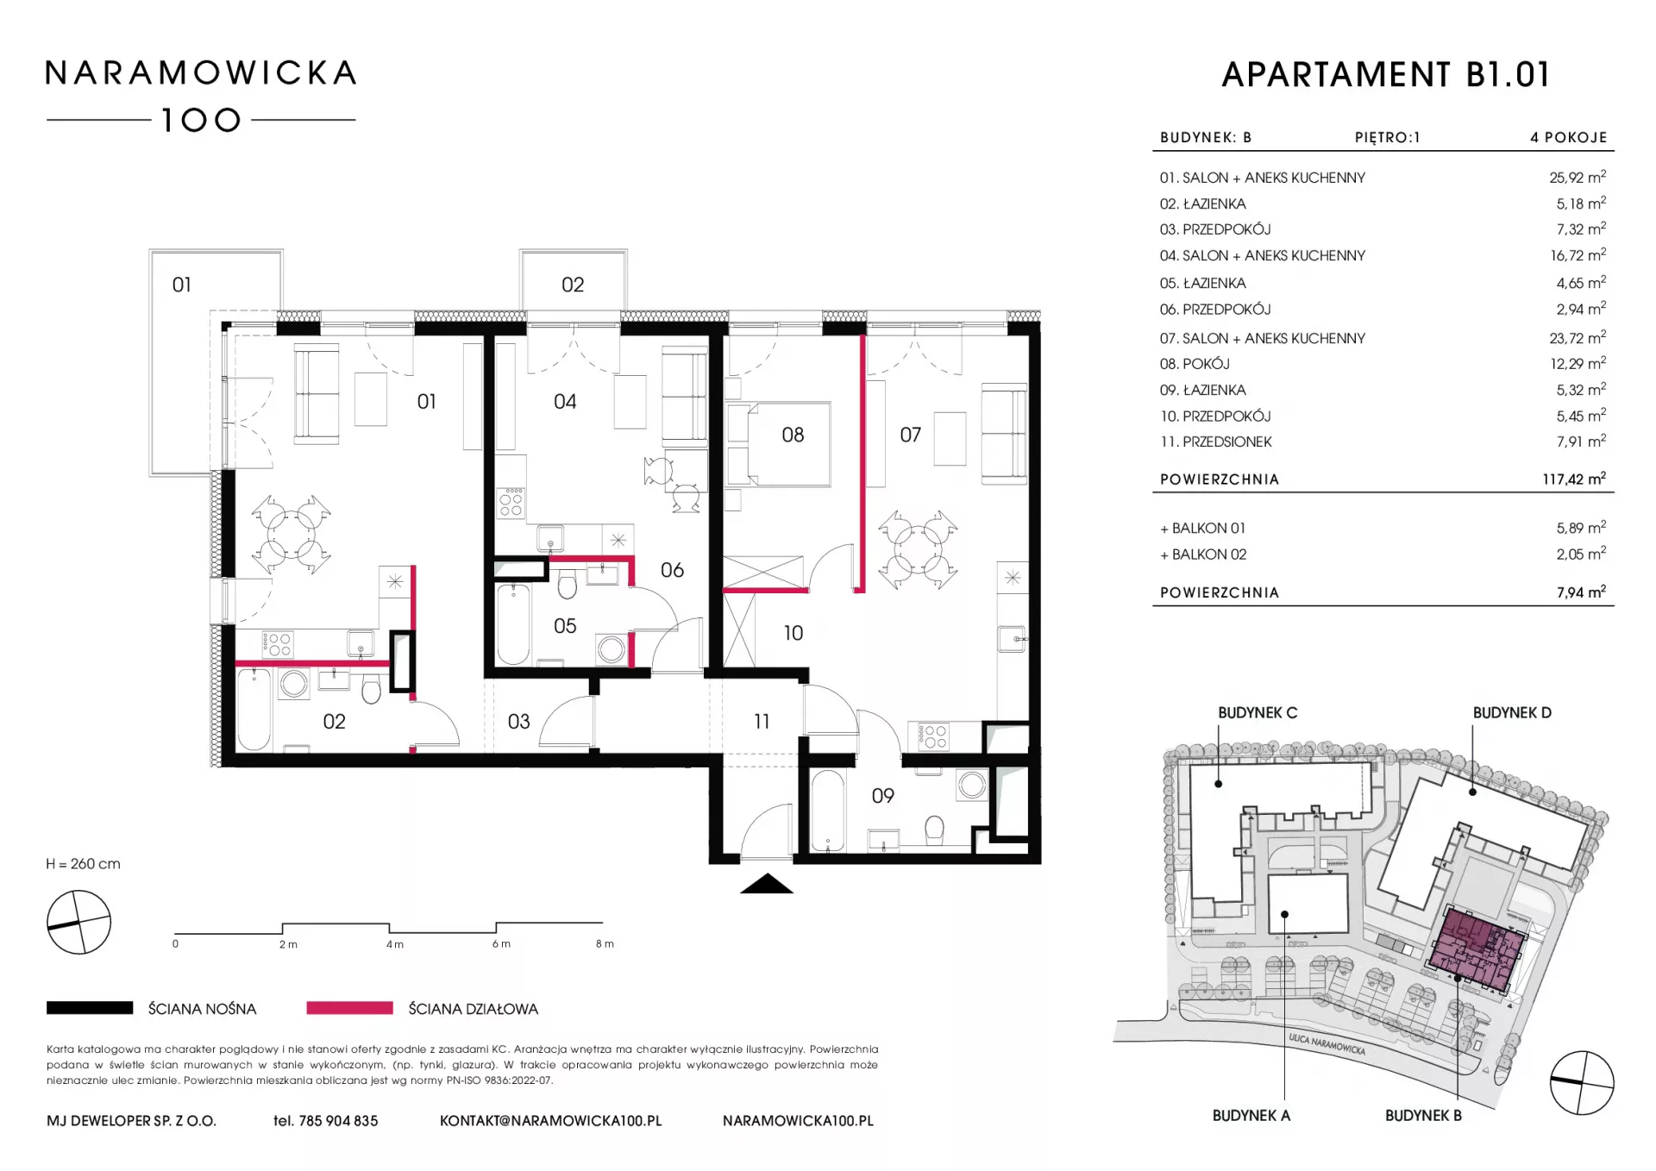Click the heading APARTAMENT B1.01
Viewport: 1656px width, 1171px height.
coord(1386,75)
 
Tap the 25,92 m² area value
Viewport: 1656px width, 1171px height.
coord(1578,177)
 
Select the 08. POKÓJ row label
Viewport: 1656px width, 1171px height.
coord(1195,364)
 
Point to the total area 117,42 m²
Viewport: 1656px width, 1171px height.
coord(1574,479)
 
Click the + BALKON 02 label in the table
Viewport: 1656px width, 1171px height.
coord(1203,554)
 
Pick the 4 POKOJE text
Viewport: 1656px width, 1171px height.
coord(1569,137)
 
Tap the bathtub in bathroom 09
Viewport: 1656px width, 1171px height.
coord(827,811)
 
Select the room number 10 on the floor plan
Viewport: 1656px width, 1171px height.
coord(793,633)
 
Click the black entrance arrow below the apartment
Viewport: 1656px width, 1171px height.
coord(767,884)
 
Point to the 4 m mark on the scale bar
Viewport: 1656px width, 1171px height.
coord(394,944)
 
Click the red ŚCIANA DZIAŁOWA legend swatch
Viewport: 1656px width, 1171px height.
coord(349,1008)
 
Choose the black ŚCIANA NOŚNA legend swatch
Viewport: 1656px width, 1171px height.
coord(90,1008)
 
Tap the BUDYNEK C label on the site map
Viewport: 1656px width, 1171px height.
coord(1258,713)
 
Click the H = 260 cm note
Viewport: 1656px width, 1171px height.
coord(84,864)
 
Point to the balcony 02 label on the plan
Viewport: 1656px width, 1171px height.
coord(573,285)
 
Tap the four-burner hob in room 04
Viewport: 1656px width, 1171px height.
coord(511,502)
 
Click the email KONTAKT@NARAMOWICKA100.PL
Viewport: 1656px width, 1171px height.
coord(551,1121)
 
